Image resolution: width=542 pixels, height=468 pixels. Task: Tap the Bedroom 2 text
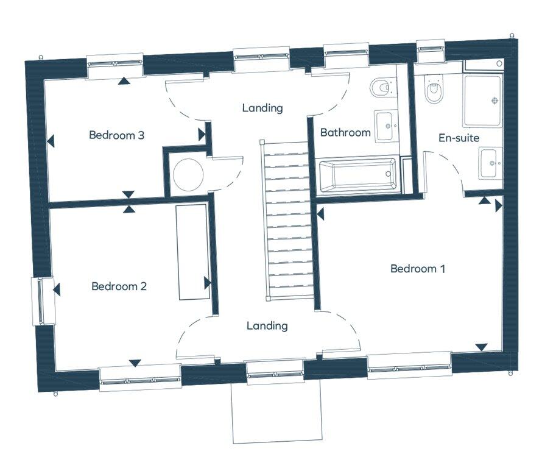119,286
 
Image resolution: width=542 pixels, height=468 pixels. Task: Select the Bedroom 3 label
116,135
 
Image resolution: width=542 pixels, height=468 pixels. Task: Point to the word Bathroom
345,132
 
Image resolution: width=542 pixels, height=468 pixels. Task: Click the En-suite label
459,138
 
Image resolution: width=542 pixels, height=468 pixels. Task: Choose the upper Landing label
262,108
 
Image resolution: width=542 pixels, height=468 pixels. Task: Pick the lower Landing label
267,326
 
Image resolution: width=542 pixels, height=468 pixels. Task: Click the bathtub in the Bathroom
358,175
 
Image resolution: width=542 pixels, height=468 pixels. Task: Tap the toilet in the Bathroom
380,88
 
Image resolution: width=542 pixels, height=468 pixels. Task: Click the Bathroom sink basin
385,127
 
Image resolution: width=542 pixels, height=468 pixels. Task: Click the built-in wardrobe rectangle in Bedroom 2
192,251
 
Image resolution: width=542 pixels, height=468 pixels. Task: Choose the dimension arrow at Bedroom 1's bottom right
481,347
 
